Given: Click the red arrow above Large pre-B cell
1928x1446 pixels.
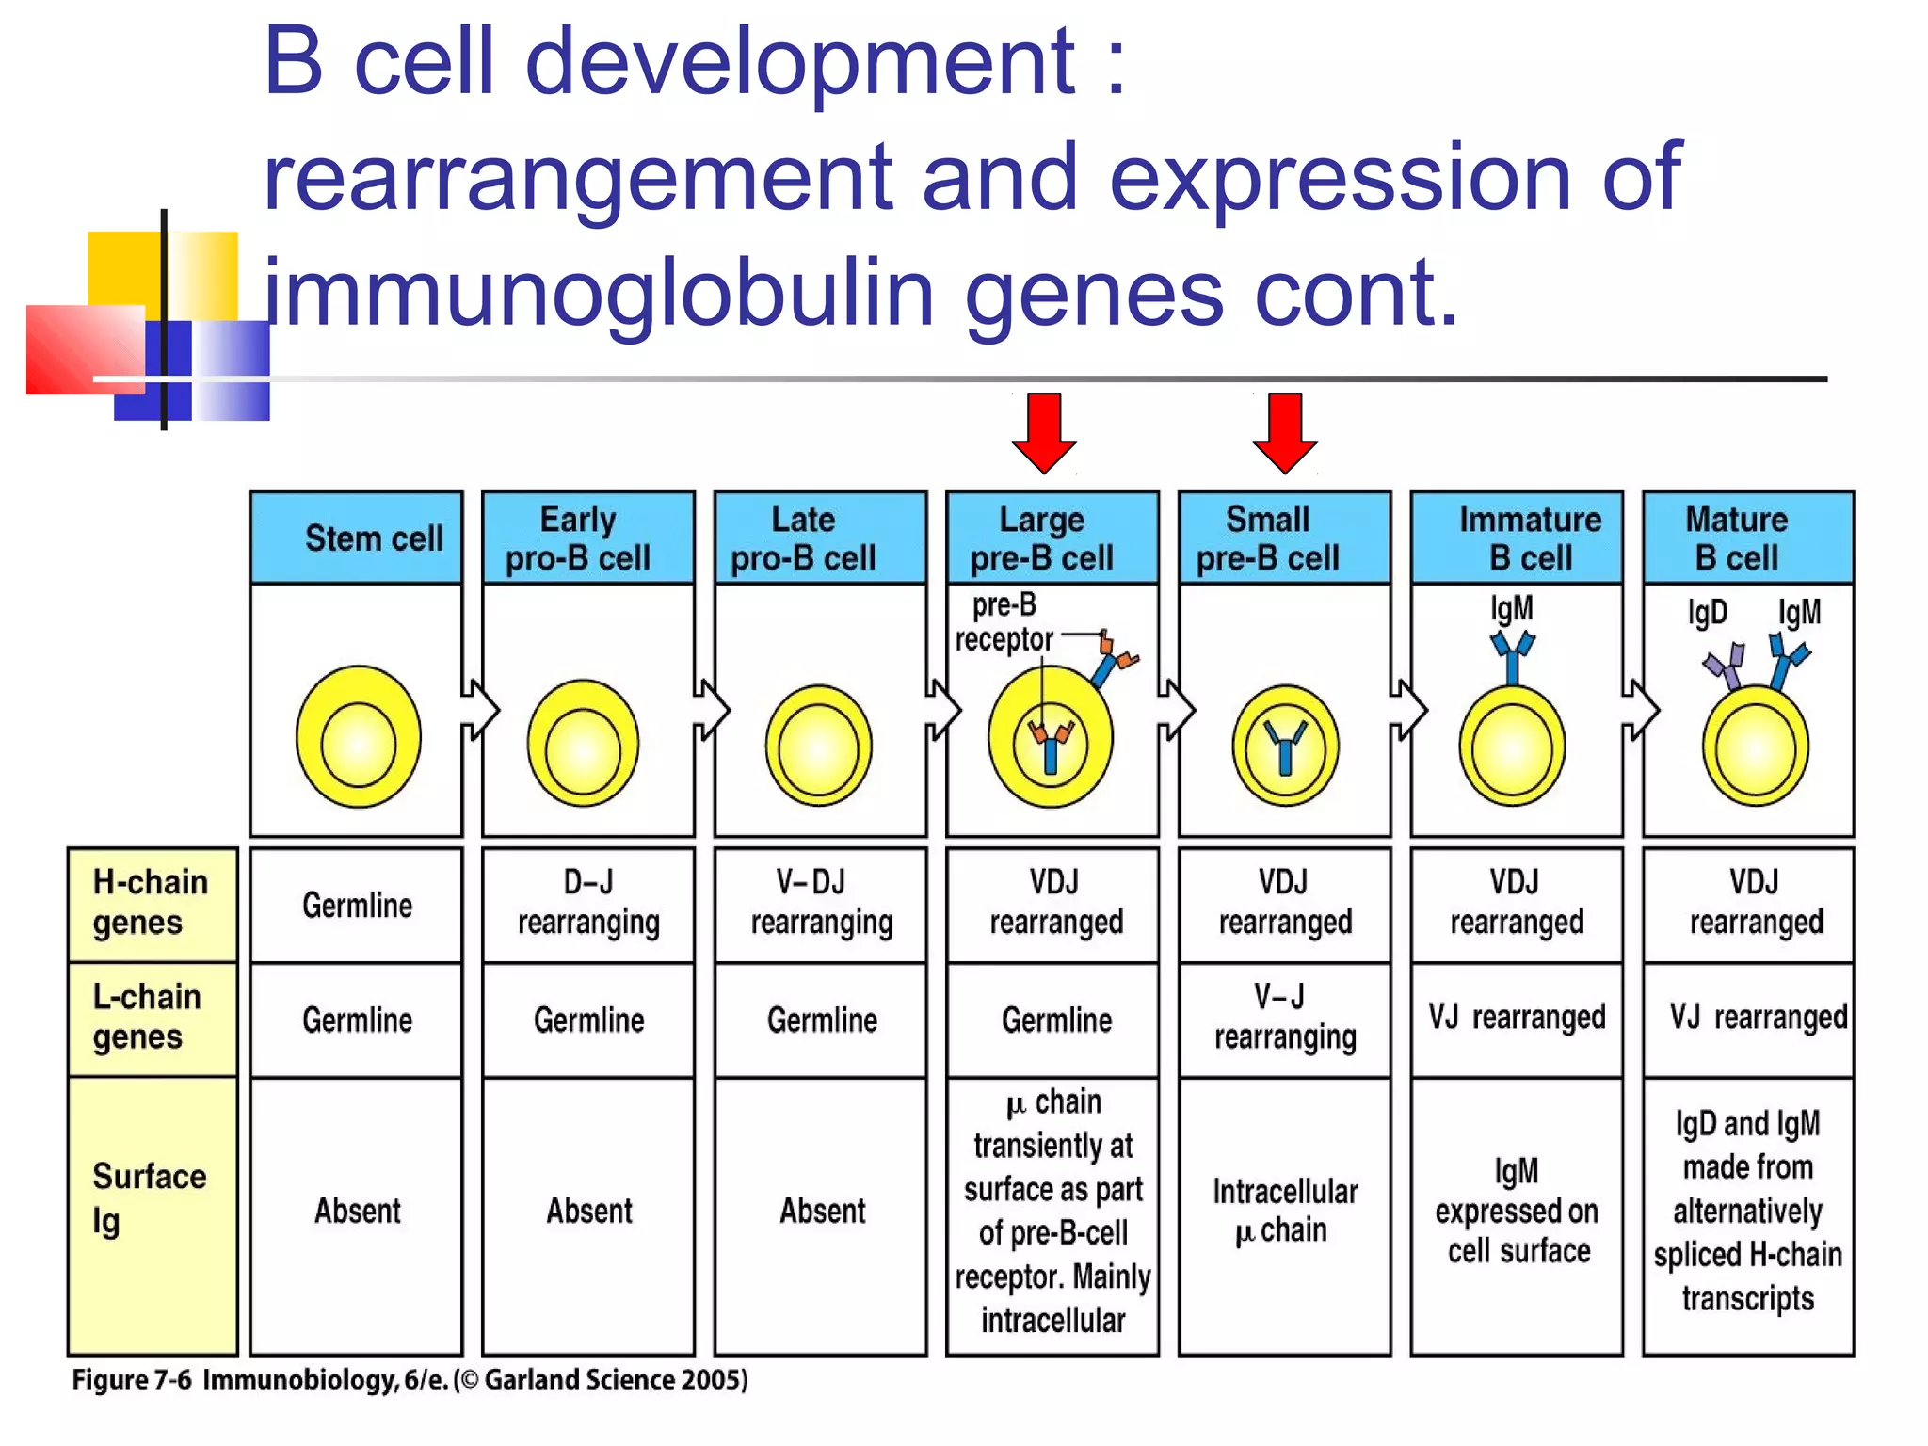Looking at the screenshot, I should tap(1043, 432).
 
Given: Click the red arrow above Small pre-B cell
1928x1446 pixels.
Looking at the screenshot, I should tap(1284, 432).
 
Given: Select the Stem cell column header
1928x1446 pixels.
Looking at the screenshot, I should tap(357, 538).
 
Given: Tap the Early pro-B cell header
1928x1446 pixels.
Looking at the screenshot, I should tap(587, 538).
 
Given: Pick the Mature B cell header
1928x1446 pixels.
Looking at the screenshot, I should tap(1747, 538).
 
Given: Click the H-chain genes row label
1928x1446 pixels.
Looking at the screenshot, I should tap(152, 903).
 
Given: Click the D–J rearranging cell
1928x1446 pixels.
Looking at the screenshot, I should tap(587, 903).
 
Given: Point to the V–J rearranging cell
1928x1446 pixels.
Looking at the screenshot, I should tap(1284, 1018).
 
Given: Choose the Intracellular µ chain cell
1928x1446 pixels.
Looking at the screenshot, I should tap(1284, 1211).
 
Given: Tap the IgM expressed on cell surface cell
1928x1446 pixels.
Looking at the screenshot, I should tap(1516, 1211).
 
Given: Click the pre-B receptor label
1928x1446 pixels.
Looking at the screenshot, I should tap(1004, 622).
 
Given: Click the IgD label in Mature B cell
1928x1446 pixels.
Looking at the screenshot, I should tap(1707, 613).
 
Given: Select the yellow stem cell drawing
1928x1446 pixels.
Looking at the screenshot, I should tap(358, 737).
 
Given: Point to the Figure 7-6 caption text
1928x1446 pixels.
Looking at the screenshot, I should tap(410, 1380).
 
